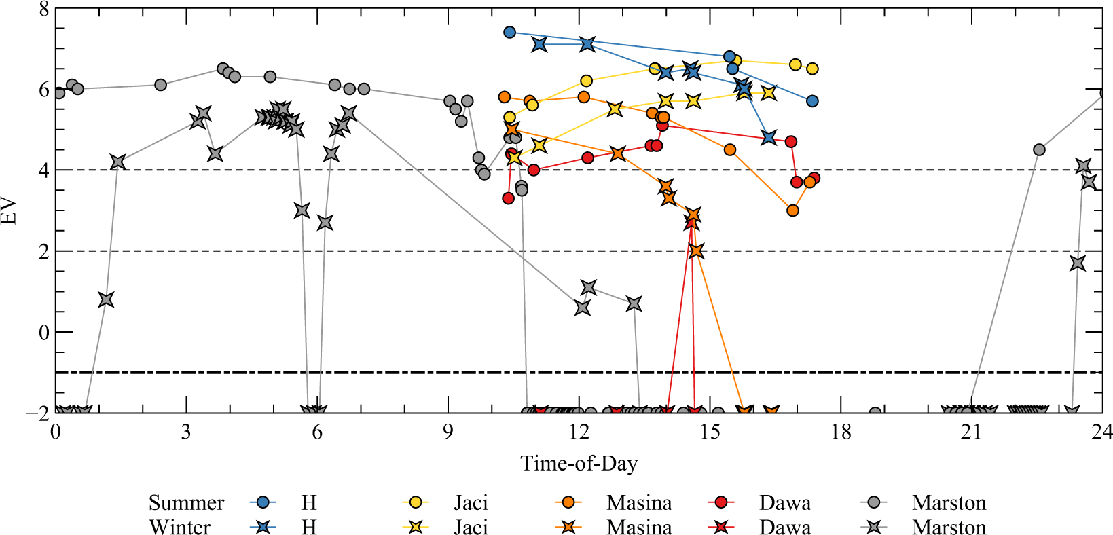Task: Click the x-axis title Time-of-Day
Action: [x=579, y=464]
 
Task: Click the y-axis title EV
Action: [x=10, y=210]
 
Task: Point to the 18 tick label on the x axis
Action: [x=841, y=432]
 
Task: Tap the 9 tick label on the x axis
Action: [x=448, y=432]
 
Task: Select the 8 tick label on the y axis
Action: [x=44, y=10]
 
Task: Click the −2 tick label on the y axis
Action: [x=39, y=413]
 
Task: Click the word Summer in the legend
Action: [x=186, y=503]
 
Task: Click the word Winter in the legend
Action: [x=180, y=528]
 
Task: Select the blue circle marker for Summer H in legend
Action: [x=263, y=502]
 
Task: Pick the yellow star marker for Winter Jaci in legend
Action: [x=416, y=527]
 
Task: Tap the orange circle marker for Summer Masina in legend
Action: [x=568, y=502]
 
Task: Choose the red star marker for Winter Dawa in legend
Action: [x=721, y=527]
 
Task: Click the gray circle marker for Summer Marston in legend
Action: [x=874, y=502]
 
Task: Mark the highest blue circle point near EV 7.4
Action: [x=510, y=32]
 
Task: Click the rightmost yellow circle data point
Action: [x=812, y=69]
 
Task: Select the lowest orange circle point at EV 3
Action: [x=792, y=210]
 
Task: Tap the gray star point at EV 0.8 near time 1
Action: [x=106, y=299]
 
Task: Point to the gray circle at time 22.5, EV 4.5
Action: [x=1039, y=150]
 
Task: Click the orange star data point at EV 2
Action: [x=695, y=251]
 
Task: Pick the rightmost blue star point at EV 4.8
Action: [x=769, y=138]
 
